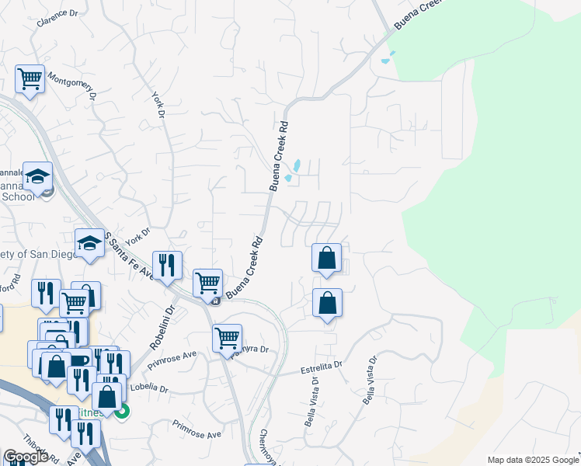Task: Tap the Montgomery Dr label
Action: click(71, 85)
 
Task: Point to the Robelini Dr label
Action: click(162, 323)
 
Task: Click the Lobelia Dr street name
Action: click(151, 386)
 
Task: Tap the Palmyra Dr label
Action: click(250, 351)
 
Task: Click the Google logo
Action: click(25, 457)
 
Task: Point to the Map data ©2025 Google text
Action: click(532, 460)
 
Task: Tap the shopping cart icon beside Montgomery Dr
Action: click(30, 78)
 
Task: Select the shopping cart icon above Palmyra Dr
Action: click(227, 338)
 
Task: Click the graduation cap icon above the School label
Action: click(37, 176)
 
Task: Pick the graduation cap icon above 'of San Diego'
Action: click(89, 243)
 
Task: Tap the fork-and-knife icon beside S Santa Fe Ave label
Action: click(168, 266)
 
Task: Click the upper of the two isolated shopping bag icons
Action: click(327, 258)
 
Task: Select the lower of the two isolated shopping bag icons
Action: click(327, 303)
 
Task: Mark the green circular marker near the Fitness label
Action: click(122, 413)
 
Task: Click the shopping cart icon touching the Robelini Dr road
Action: click(207, 283)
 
